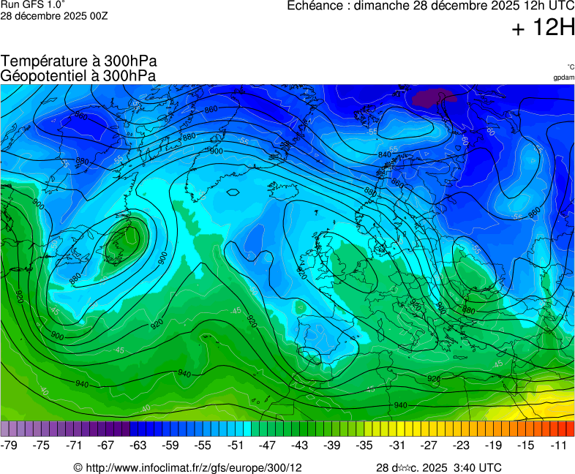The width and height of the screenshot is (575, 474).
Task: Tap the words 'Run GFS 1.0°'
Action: (x=29, y=5)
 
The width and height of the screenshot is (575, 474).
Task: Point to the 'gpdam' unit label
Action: (x=563, y=77)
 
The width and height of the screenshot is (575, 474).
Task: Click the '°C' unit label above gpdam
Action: (x=570, y=67)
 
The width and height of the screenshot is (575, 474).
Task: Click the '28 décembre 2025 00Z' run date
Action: (x=54, y=16)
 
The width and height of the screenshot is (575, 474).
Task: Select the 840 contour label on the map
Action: (x=385, y=154)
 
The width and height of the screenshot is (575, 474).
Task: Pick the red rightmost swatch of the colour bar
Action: (x=570, y=429)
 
